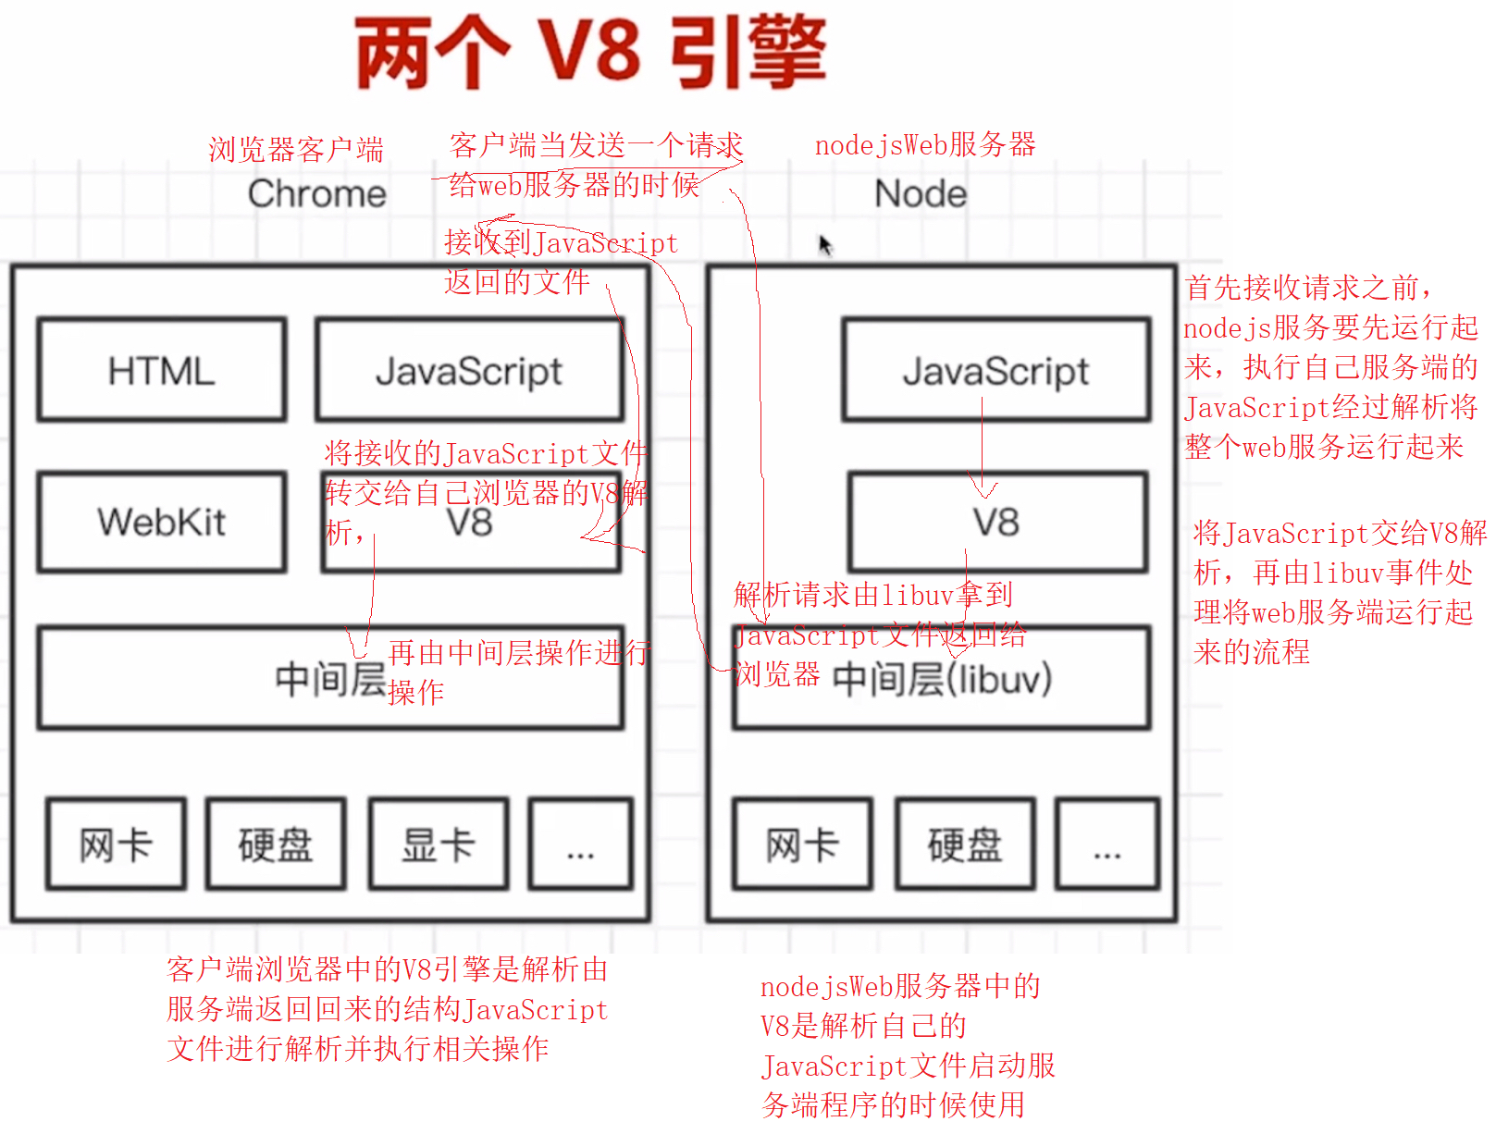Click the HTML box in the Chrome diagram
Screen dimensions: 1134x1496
click(162, 370)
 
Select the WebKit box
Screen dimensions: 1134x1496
click(162, 522)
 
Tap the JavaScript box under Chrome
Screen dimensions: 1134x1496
click(469, 370)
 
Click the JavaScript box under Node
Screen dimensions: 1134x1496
click(996, 370)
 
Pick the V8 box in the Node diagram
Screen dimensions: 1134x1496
click(997, 523)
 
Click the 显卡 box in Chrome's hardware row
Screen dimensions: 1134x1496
click(439, 844)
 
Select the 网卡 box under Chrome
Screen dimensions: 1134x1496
click(116, 844)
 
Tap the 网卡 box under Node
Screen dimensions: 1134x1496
click(802, 844)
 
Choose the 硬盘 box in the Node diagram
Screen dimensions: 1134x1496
click(965, 844)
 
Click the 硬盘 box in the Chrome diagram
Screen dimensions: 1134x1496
click(276, 844)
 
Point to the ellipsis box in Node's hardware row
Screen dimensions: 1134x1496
click(1107, 844)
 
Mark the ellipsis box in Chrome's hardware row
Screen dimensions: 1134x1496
click(580, 844)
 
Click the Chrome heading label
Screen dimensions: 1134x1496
click(317, 194)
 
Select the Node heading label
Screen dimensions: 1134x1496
click(921, 194)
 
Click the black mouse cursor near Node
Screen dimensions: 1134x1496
click(825, 245)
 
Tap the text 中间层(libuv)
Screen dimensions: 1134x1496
click(942, 680)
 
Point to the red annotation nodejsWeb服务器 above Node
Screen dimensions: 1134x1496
click(925, 145)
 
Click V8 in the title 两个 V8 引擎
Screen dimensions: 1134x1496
click(589, 53)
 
